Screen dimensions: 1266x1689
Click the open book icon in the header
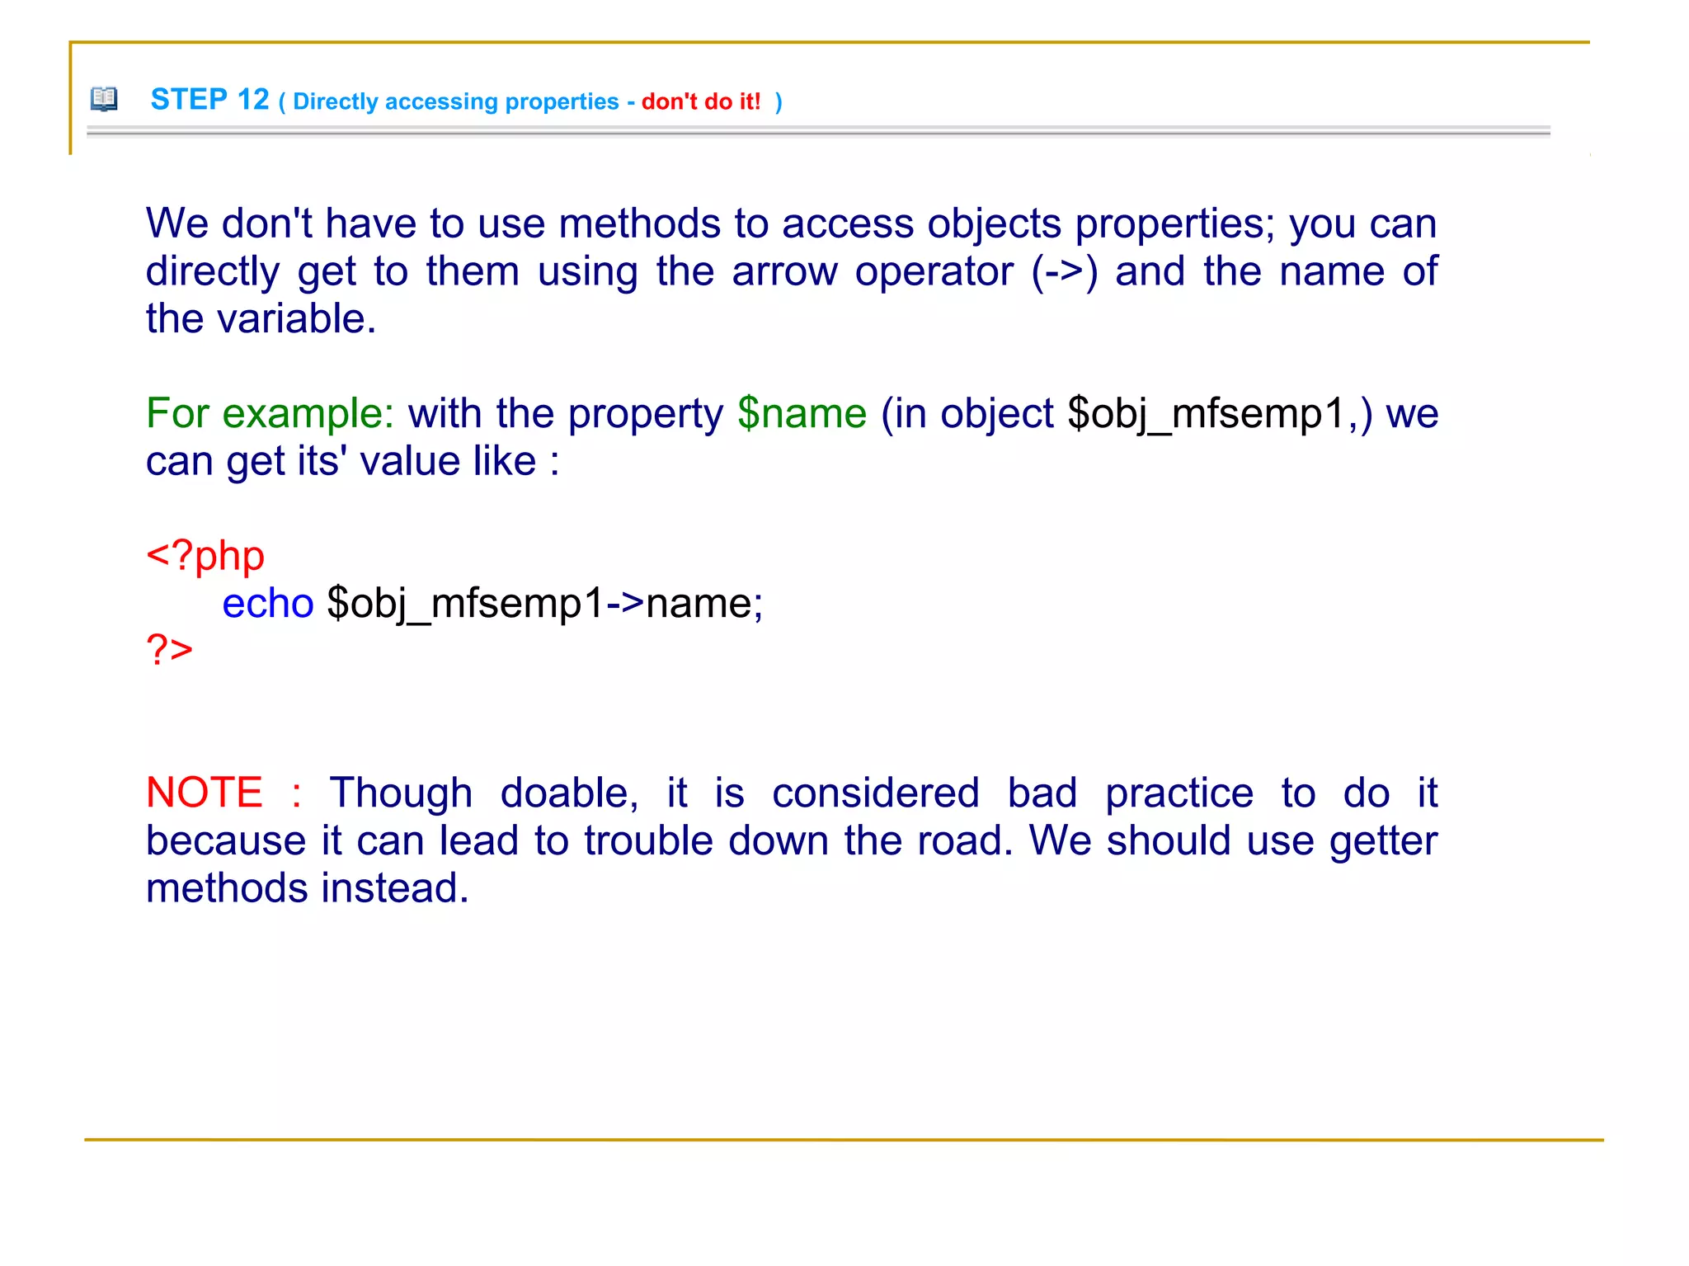click(104, 99)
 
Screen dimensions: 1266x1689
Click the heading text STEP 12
click(209, 100)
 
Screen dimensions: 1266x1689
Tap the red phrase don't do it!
click(701, 101)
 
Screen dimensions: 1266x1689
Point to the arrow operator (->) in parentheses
click(1064, 271)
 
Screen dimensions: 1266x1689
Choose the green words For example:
click(270, 413)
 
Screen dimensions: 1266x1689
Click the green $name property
click(802, 413)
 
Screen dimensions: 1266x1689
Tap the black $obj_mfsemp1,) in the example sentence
click(1220, 413)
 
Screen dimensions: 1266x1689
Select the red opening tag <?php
click(205, 556)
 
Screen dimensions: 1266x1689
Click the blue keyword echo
click(268, 604)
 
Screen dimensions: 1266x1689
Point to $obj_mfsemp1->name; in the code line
click(544, 604)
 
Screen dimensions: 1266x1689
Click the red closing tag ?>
click(169, 650)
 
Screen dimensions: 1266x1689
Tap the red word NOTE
click(205, 793)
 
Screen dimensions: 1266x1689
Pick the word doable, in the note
click(569, 793)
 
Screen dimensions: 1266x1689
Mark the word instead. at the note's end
click(395, 888)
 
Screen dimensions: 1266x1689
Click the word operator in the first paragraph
click(934, 272)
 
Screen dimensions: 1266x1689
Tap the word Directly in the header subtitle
click(335, 101)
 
